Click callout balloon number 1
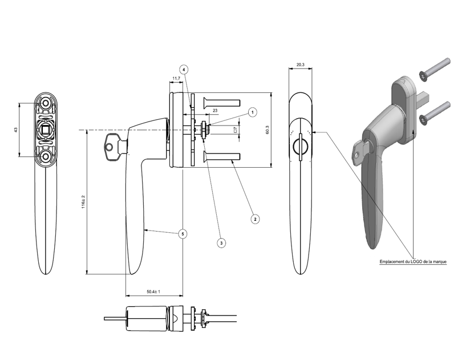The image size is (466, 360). click(252, 113)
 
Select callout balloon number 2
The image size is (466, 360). click(255, 219)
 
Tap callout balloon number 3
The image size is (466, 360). click(221, 242)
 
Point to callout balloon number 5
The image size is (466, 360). click(183, 233)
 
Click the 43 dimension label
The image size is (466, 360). click(15, 130)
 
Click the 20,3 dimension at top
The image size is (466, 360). click(301, 64)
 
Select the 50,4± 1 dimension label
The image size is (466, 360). click(153, 292)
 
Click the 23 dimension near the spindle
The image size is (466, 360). click(214, 110)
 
